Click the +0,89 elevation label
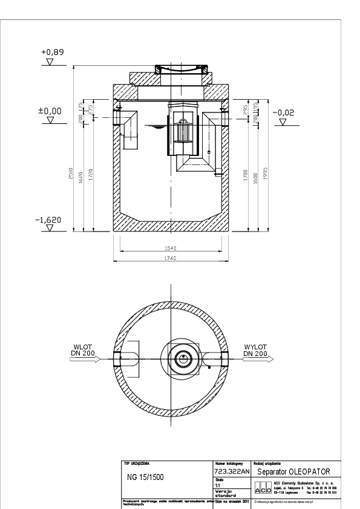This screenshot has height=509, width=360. point(51,53)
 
